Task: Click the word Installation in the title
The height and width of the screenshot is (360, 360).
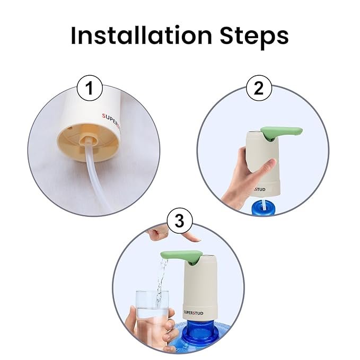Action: tap(141, 35)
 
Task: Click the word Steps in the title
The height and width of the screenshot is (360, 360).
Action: tap(254, 37)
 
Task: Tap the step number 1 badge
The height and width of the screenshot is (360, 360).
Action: tap(90, 88)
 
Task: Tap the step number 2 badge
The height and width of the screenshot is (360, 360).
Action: tap(259, 88)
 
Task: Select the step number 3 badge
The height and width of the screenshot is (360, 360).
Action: tap(180, 221)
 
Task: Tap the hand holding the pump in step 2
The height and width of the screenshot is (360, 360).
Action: tap(248, 174)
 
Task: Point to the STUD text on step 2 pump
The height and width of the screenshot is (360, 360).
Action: tap(260, 189)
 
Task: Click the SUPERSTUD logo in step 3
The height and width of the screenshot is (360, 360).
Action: tap(194, 312)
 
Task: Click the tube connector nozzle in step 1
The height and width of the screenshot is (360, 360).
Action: tap(87, 141)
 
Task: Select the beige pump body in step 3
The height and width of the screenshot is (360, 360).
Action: tap(200, 289)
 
